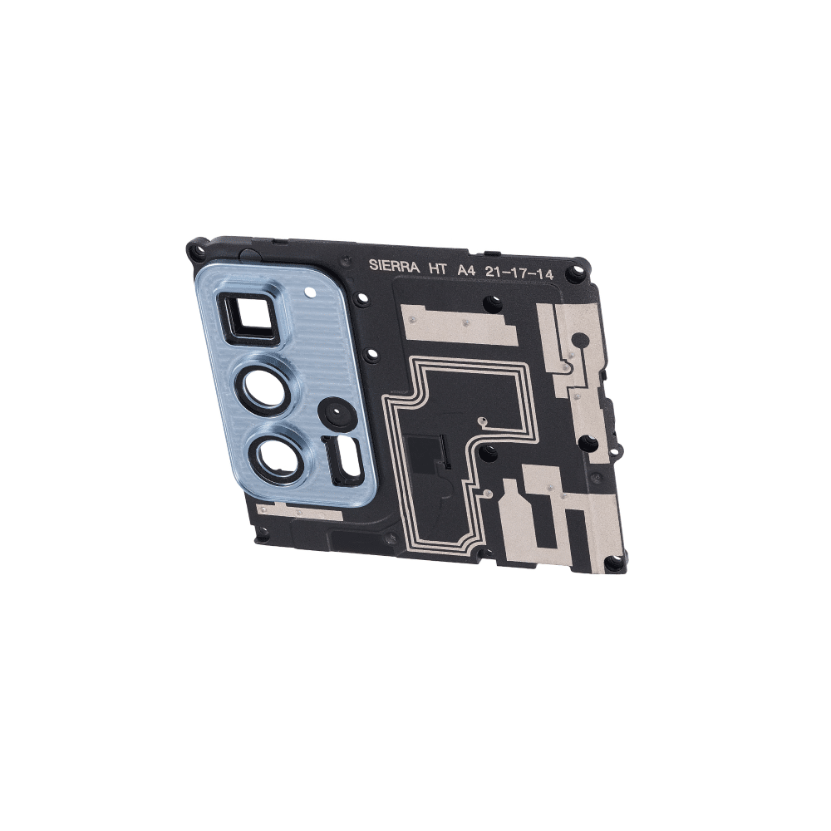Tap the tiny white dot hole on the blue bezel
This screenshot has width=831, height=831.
coord(309,291)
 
